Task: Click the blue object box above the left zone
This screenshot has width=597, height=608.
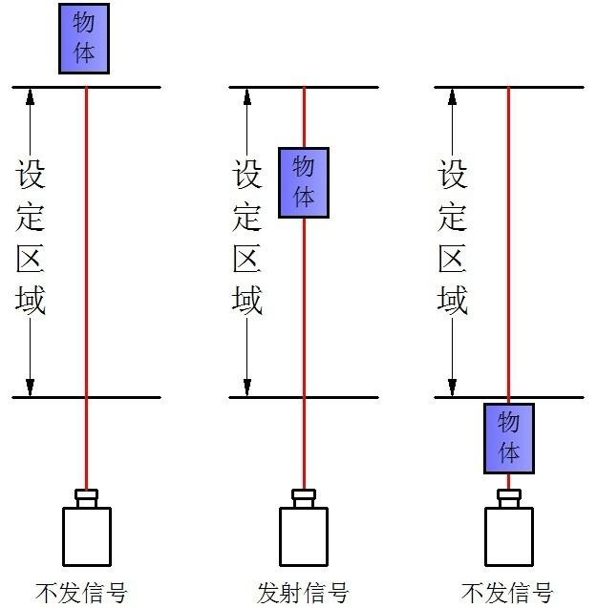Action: [84, 38]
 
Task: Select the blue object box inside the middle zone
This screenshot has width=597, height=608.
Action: [303, 182]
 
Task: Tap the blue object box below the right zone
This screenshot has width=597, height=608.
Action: [508, 439]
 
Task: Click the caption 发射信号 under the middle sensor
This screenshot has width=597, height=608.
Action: [303, 592]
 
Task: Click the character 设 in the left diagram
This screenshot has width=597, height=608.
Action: [31, 174]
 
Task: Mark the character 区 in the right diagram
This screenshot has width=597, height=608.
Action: [453, 258]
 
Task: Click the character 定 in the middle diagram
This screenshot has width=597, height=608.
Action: [247, 216]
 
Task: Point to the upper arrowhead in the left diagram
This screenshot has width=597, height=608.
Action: [30, 96]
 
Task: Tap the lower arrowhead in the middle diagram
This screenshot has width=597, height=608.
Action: [247, 387]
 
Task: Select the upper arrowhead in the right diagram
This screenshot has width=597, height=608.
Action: [453, 96]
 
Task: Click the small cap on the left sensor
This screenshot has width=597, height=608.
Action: [86, 497]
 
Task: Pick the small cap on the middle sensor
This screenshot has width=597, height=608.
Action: [304, 497]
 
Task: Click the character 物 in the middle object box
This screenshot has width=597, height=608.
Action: [303, 167]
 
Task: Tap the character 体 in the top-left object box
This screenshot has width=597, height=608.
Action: [84, 53]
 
